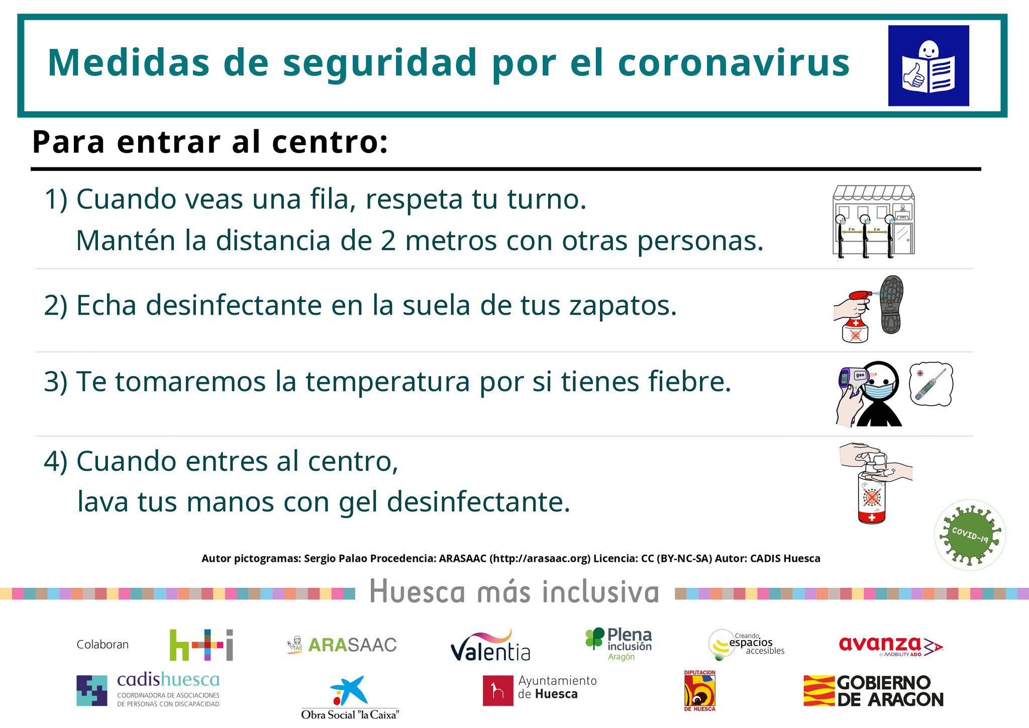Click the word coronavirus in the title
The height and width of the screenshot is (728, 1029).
point(733,63)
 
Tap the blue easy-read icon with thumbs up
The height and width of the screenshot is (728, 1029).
point(928,66)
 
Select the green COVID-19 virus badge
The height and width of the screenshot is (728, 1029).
point(969,535)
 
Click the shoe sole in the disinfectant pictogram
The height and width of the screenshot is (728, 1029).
point(892,304)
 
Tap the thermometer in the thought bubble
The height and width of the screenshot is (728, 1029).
point(931,384)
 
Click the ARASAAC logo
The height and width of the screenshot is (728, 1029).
point(342,645)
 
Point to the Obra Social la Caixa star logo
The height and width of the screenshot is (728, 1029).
point(349,692)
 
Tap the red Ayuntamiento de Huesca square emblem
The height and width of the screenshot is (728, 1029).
point(497,690)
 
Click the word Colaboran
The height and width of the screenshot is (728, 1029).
point(102,645)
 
